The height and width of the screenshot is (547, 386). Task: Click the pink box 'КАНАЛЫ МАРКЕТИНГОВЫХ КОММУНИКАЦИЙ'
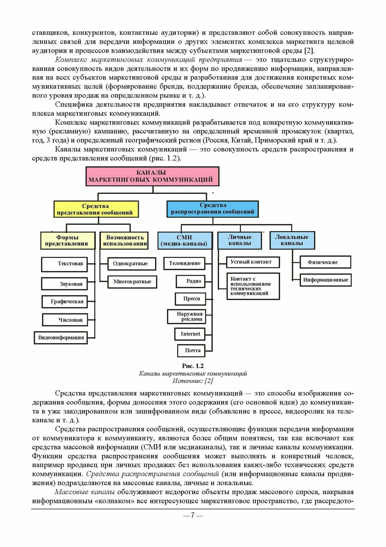tap(152, 176)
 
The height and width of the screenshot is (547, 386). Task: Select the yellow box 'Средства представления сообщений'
tap(96, 209)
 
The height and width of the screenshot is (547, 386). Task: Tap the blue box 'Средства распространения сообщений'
tap(212, 209)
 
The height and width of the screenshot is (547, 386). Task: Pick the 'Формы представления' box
tap(68, 240)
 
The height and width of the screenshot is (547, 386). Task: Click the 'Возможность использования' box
tap(124, 240)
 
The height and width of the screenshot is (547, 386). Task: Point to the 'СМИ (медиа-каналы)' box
tap(185, 240)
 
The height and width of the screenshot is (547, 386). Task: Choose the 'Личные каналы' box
tap(239, 240)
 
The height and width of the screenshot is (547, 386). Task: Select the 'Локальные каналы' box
tap(292, 240)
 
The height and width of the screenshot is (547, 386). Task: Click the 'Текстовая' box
tap(64, 264)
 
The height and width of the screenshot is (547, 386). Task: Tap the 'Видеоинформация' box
tap(61, 337)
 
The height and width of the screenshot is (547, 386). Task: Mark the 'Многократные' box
tap(132, 282)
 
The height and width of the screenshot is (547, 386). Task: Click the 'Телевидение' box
tap(184, 263)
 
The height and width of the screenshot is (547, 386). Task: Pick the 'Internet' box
tap(190, 334)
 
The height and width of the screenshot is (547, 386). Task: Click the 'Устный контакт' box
tap(253, 262)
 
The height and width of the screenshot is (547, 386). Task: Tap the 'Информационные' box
tap(325, 280)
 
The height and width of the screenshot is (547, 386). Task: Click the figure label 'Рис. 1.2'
tap(193, 366)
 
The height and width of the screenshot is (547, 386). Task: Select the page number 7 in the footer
tap(193, 515)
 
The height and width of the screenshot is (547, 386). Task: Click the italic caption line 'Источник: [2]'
tap(193, 381)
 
